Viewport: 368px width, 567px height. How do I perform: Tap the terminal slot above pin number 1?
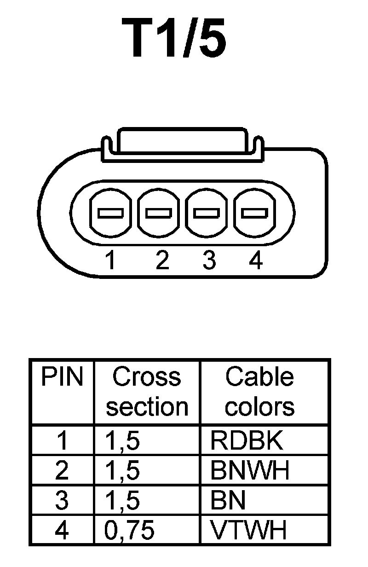[110, 213]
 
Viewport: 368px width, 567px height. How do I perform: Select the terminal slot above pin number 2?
[159, 213]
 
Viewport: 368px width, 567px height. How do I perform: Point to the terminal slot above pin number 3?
[207, 213]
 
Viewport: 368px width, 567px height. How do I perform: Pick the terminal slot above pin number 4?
[255, 213]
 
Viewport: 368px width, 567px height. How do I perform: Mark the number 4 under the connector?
[256, 261]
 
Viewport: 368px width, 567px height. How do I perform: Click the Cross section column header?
[147, 392]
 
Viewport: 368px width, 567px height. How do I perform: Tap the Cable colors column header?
[259, 392]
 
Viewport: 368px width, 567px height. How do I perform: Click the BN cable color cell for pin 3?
[228, 500]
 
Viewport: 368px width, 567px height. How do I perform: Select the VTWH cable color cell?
[248, 530]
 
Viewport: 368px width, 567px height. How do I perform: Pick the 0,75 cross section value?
[129, 530]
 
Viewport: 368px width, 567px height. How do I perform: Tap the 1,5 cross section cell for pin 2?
[122, 470]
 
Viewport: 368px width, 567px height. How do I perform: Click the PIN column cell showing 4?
[62, 530]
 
